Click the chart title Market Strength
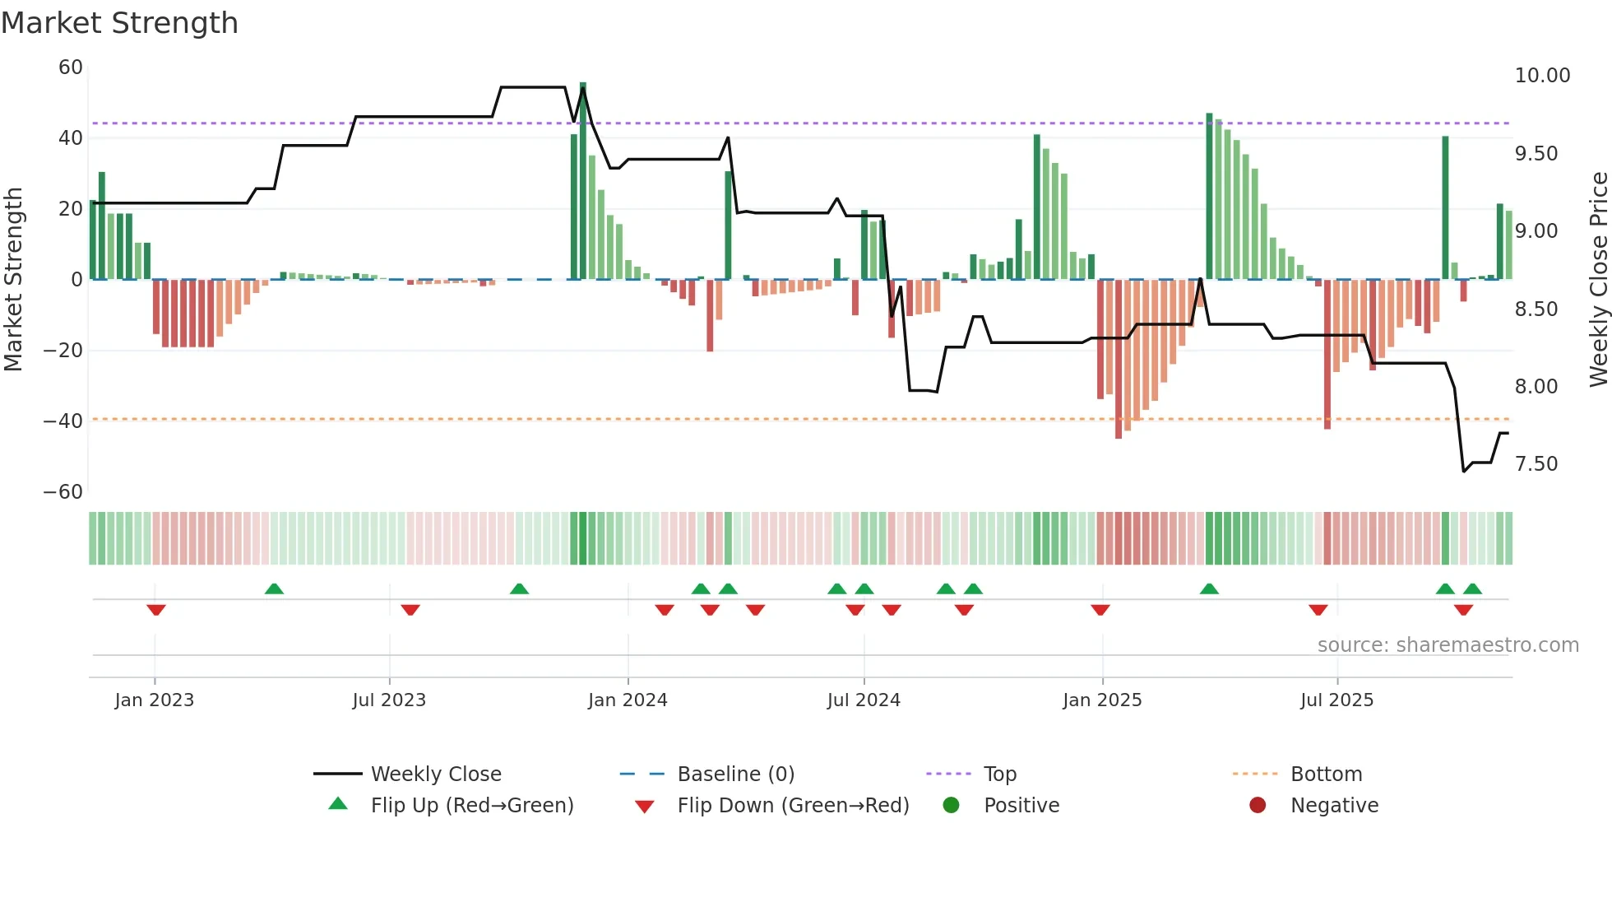pyautogui.click(x=119, y=23)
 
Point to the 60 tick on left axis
pyautogui.click(x=71, y=67)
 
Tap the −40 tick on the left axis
pyautogui.click(x=63, y=421)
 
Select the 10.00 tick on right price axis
pyautogui.click(x=1542, y=76)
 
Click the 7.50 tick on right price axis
pyautogui.click(x=1536, y=464)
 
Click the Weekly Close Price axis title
pyautogui.click(x=1598, y=280)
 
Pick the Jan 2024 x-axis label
pyautogui.click(x=628, y=700)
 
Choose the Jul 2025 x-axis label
pyautogui.click(x=1336, y=700)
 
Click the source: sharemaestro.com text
pyautogui.click(x=1448, y=645)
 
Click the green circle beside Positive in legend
pyautogui.click(x=952, y=806)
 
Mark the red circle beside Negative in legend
pyautogui.click(x=1258, y=806)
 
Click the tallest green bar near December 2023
pyautogui.click(x=583, y=181)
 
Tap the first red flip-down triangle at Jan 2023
pyautogui.click(x=156, y=610)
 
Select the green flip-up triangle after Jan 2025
pyautogui.click(x=1209, y=588)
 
